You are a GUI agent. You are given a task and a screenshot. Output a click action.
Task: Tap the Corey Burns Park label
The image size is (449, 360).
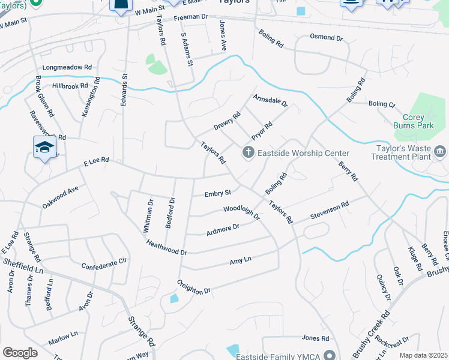pos(418,122)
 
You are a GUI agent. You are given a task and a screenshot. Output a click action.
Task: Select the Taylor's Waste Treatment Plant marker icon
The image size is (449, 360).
pos(441,151)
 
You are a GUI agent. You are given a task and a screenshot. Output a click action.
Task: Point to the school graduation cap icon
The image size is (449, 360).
pos(45,147)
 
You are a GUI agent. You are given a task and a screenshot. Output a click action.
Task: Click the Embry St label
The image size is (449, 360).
pos(217,193)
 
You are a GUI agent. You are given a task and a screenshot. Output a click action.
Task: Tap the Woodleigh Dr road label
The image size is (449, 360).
pos(241,212)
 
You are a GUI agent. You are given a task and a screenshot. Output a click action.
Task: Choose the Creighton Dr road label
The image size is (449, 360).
pos(194,286)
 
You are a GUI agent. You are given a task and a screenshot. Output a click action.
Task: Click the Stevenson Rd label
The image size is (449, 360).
pos(330,211)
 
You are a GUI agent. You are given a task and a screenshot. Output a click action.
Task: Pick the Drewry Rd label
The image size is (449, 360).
pos(227,121)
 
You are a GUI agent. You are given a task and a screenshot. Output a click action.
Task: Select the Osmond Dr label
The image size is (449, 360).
pos(326,37)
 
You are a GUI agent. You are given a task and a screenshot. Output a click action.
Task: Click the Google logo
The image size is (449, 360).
pos(20,353)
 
